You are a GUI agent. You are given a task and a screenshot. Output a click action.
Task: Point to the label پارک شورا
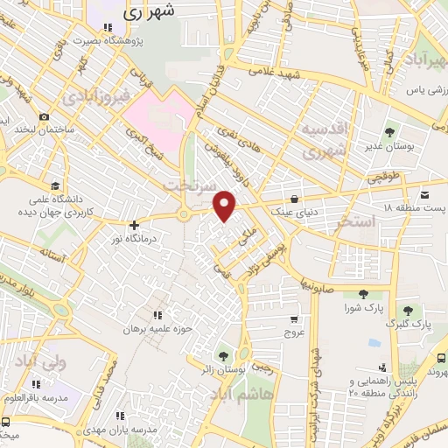pos(364,308)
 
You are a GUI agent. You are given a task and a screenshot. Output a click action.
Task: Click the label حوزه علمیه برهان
pos(158,332)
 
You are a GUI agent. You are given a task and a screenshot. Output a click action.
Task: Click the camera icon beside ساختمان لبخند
pos(44,117)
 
